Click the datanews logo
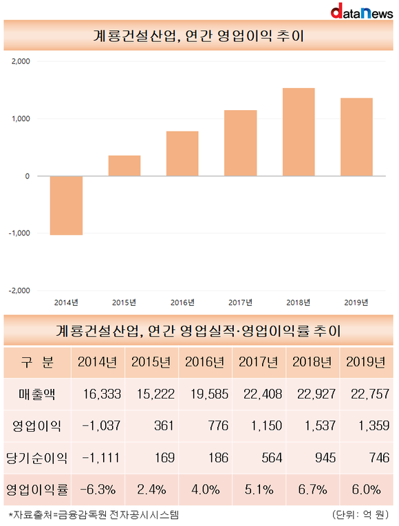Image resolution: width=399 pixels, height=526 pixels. point(361,11)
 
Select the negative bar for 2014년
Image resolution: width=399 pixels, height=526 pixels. point(67,205)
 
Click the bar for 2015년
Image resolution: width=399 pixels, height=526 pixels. point(125,166)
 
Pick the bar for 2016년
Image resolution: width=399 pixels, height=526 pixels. point(182,154)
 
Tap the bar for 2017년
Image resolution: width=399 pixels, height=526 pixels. point(240,143)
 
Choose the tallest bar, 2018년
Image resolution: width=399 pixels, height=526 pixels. point(299,132)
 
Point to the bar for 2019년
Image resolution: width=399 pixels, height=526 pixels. point(356,137)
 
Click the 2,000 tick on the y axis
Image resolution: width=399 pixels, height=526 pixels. point(21,61)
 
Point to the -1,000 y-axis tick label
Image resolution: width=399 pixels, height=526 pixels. point(19,233)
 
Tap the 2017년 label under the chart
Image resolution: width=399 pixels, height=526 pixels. point(240,302)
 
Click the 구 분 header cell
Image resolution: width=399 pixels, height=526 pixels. point(37,362)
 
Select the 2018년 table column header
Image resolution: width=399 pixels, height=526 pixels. point(312,362)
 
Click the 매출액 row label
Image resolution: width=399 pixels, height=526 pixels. point(37,394)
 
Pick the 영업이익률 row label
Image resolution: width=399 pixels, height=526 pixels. point(37,490)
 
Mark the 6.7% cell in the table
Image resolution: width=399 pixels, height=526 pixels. point(312,490)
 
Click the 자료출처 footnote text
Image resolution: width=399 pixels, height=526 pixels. point(94,515)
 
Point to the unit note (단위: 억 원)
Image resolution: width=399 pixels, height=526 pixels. point(360,515)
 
